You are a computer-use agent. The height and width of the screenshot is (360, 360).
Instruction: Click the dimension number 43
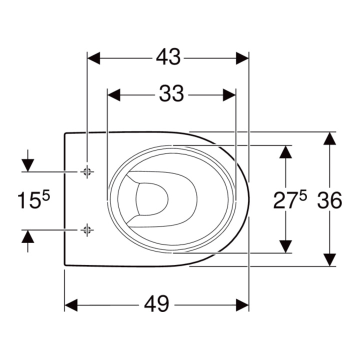click(x=168, y=57)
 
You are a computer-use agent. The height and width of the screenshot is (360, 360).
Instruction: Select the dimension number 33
click(x=171, y=93)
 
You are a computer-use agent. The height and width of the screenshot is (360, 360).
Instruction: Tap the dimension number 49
click(x=156, y=304)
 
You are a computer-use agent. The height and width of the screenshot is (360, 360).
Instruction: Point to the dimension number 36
click(x=329, y=200)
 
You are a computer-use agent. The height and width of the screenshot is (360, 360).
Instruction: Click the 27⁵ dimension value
click(x=290, y=200)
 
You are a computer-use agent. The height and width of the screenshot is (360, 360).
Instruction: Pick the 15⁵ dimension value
click(x=34, y=200)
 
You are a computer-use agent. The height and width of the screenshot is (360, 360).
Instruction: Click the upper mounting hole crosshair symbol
click(x=87, y=171)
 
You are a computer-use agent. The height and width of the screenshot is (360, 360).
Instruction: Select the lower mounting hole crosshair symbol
click(x=87, y=229)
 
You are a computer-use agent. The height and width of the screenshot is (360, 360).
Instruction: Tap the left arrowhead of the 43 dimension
click(x=93, y=58)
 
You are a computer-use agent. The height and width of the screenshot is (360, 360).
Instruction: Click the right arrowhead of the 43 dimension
click(x=242, y=58)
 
